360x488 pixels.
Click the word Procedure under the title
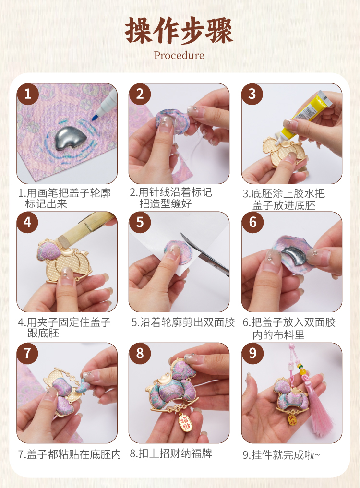coord(179,55)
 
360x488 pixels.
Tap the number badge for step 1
coord(28,94)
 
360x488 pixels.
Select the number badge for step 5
coord(140,222)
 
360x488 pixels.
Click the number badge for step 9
coord(252,353)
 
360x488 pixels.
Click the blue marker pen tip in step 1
coord(94,118)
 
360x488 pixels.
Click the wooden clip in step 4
coord(84,229)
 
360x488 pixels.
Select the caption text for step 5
coord(183,322)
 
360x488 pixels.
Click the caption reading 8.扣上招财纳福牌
coord(171,453)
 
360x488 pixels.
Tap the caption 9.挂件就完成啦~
coord(282,455)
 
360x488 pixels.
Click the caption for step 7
coord(70,454)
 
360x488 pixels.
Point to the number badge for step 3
coord(252,94)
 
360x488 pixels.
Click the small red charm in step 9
coord(292,419)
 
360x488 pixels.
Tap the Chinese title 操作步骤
coord(179,31)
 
